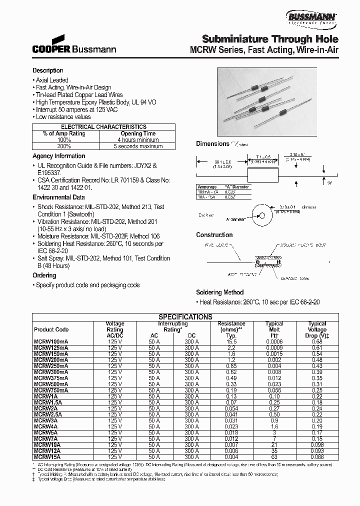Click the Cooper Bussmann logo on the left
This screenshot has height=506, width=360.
click(x=74, y=45)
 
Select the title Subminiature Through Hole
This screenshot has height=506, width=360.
click(x=270, y=39)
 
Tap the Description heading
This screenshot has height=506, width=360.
click(x=48, y=70)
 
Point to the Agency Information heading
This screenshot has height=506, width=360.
click(x=58, y=156)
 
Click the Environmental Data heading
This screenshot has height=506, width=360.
click(x=58, y=197)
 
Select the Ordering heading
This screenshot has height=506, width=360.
click(x=44, y=275)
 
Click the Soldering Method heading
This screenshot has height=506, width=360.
click(x=219, y=292)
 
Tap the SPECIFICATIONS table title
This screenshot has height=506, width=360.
click(x=185, y=317)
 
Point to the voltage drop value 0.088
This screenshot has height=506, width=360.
click(x=316, y=456)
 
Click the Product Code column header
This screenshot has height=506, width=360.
click(x=51, y=330)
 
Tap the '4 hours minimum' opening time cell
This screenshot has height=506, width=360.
click(x=137, y=140)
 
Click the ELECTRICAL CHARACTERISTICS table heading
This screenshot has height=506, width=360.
click(x=104, y=127)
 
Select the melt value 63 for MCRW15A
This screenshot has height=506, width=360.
click(x=274, y=456)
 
